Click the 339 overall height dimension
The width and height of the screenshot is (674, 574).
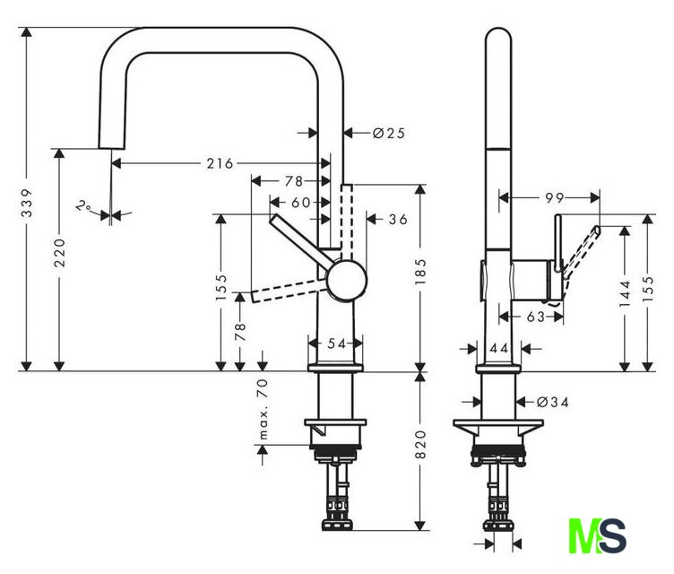point(27,203)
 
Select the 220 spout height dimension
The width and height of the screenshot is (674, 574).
point(59,253)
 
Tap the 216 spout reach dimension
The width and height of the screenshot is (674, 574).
point(220,163)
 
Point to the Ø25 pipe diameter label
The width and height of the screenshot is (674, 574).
point(389,133)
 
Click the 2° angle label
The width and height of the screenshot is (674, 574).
point(82,205)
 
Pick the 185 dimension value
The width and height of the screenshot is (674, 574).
point(420,271)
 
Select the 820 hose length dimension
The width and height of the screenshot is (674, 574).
point(420,444)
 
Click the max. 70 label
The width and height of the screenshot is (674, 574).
point(263,409)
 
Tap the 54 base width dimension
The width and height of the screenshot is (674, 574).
point(337,344)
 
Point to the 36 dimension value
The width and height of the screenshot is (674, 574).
point(398,220)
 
